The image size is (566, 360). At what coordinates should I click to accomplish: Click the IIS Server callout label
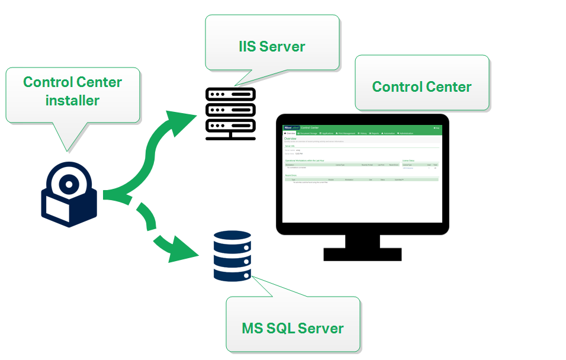pyautogui.click(x=272, y=46)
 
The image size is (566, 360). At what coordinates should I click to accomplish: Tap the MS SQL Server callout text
pyautogui.click(x=292, y=327)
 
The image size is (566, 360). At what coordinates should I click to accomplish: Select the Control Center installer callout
pyautogui.click(x=72, y=91)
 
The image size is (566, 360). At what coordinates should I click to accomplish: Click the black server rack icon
pyautogui.click(x=230, y=113)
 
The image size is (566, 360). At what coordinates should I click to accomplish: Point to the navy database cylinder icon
pyautogui.click(x=232, y=256)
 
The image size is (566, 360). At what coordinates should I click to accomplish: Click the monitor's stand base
pyautogui.click(x=362, y=254)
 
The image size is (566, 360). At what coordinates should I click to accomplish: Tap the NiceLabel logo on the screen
pyautogui.click(x=291, y=127)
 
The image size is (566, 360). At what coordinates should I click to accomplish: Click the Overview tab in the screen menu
pyautogui.click(x=290, y=133)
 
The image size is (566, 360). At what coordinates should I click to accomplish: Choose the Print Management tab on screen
pyautogui.click(x=346, y=133)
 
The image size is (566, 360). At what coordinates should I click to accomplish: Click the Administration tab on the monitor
pyautogui.click(x=406, y=133)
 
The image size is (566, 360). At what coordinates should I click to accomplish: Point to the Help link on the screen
pyautogui.click(x=437, y=127)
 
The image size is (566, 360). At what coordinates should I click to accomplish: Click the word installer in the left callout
pyautogui.click(x=72, y=100)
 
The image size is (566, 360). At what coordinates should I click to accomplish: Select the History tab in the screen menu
pyautogui.click(x=362, y=133)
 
